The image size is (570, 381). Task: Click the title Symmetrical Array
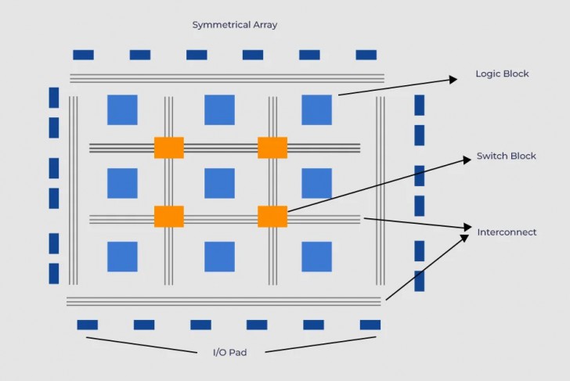235,25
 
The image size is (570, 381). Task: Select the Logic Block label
502,74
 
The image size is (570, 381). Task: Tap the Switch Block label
506,156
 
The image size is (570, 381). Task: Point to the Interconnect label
507,232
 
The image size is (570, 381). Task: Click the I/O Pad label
229,353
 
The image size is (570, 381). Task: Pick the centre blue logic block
219,183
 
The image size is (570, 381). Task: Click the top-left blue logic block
122,110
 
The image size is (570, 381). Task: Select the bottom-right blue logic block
316,257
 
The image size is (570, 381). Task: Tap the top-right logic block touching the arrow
316,110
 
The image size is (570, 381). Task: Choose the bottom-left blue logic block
122,257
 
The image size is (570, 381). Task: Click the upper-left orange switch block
169,147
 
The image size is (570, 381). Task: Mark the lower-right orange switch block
272,217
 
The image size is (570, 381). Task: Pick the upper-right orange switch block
272,147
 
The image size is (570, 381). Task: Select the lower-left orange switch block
169,217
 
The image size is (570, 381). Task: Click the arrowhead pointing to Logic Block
453,77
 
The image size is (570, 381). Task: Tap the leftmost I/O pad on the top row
83,55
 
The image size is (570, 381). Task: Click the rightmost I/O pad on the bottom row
370,325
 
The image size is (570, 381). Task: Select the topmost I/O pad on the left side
54,97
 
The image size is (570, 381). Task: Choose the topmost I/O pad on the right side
419,105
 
